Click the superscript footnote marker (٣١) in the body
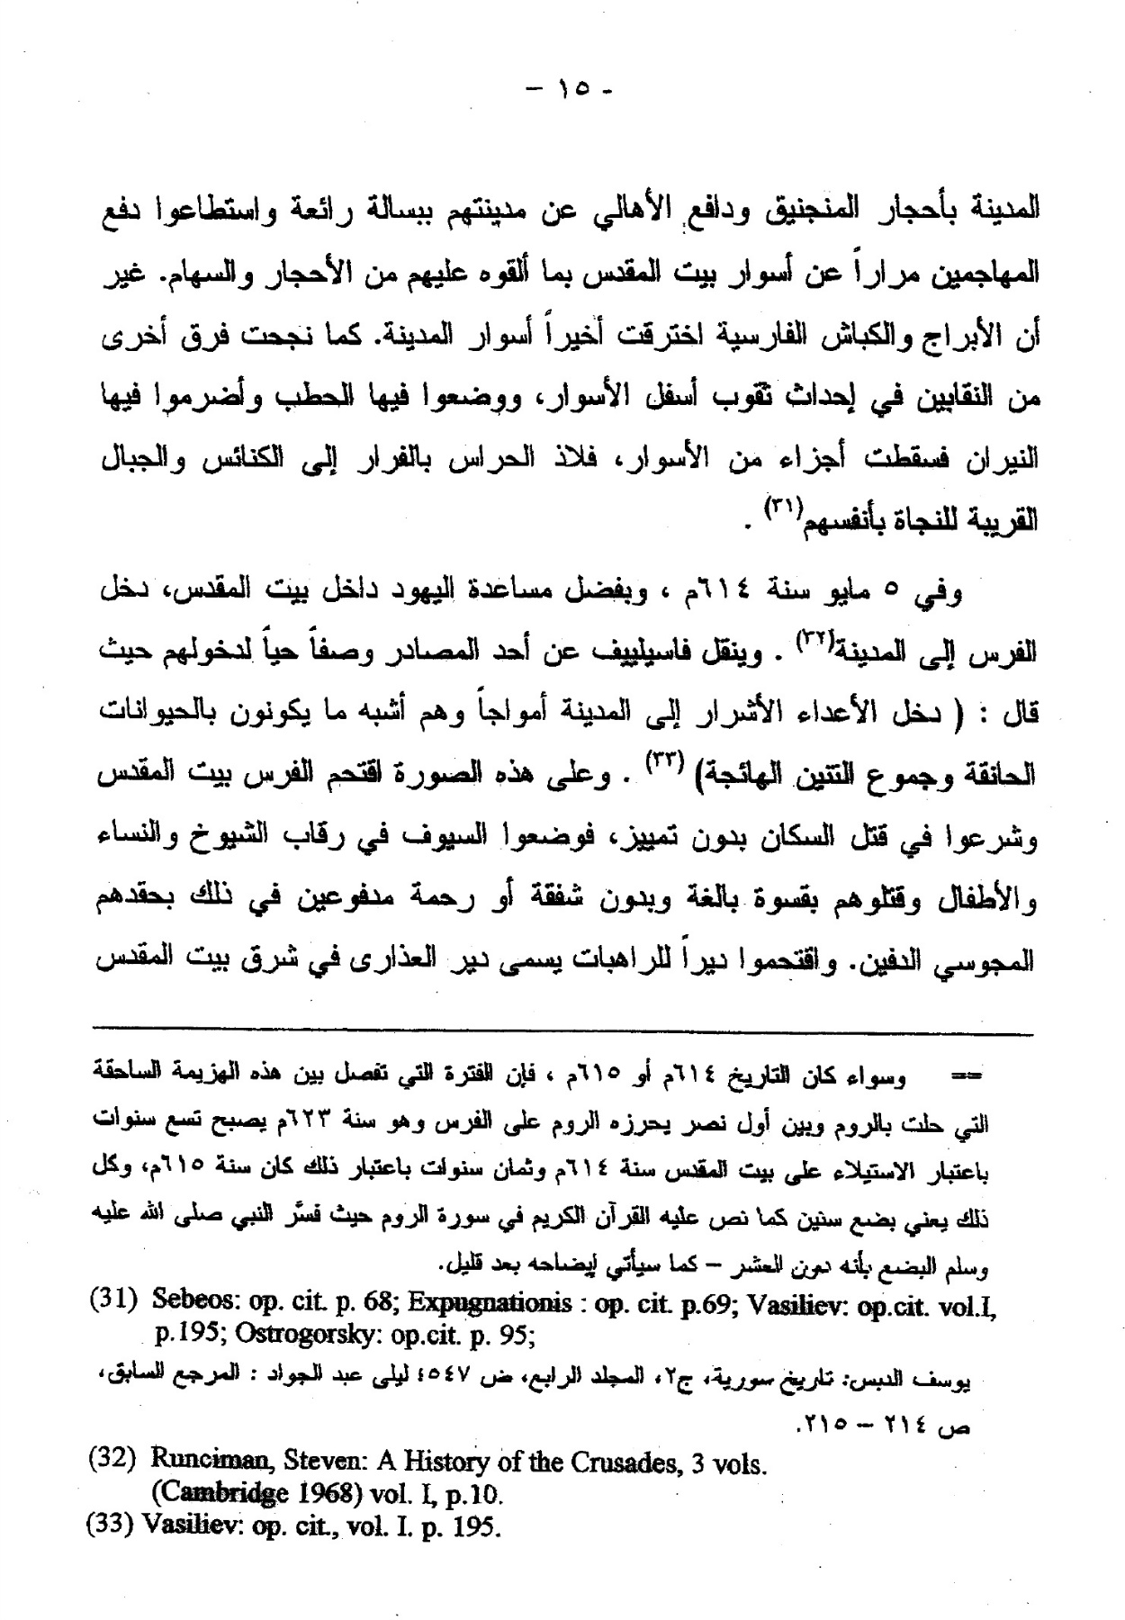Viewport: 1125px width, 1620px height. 778,507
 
